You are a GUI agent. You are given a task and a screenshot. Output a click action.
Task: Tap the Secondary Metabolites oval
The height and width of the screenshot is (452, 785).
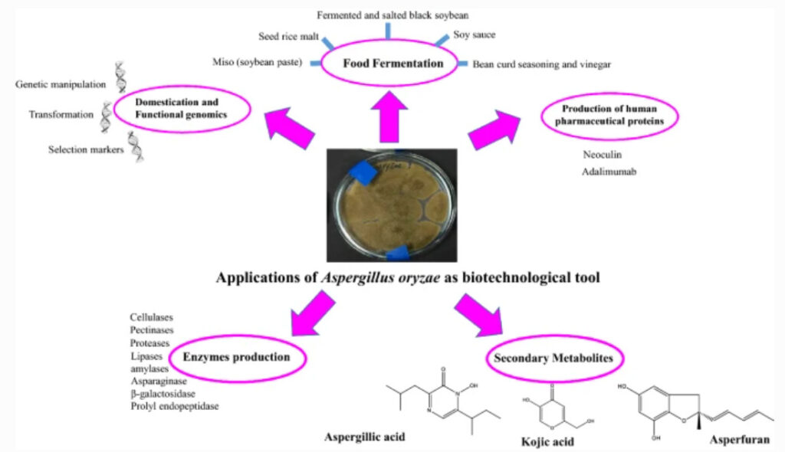pos(556,358)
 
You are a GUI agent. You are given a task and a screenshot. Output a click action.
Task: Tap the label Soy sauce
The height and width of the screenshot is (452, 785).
pos(474,34)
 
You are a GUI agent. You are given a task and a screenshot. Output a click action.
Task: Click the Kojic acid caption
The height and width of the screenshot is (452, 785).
pos(547,443)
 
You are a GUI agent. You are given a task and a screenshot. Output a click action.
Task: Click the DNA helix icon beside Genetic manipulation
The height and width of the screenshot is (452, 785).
pos(121,76)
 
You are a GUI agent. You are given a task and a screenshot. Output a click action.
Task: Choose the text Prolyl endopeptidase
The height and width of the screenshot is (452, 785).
pos(174,406)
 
